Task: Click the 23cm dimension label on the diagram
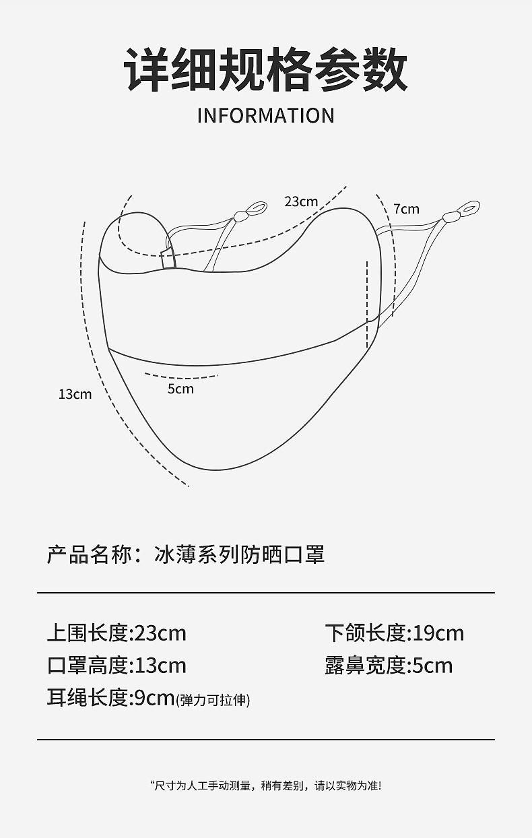pyautogui.click(x=300, y=201)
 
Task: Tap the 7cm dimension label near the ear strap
pyautogui.click(x=406, y=209)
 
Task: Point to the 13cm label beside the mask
pyautogui.click(x=75, y=394)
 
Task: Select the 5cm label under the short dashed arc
pyautogui.click(x=180, y=389)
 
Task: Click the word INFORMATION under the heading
pyautogui.click(x=265, y=116)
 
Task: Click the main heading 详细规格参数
pyautogui.click(x=265, y=70)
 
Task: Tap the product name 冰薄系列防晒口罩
pyautogui.click(x=239, y=554)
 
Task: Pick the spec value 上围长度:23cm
pyautogui.click(x=117, y=633)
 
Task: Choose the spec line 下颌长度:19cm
pyautogui.click(x=395, y=633)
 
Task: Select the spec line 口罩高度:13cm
pyautogui.click(x=117, y=666)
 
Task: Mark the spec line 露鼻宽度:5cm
pyautogui.click(x=389, y=666)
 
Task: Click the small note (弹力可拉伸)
pyautogui.click(x=213, y=701)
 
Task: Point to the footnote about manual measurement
pyautogui.click(x=265, y=785)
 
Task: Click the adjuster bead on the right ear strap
pyautogui.click(x=451, y=217)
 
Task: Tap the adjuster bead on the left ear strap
pyautogui.click(x=240, y=216)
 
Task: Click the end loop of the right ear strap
pyautogui.click(x=469, y=207)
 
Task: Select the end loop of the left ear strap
pyautogui.click(x=257, y=207)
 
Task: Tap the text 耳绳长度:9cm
pyautogui.click(x=110, y=698)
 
